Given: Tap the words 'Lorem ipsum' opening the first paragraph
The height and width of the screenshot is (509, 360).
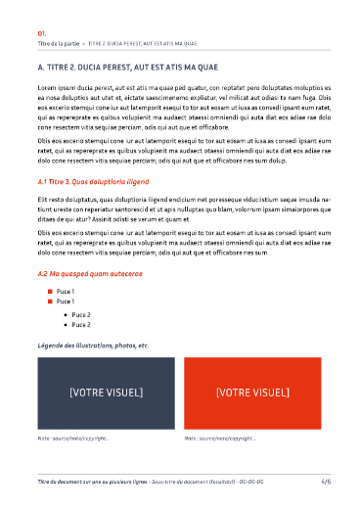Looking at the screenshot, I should [57, 88].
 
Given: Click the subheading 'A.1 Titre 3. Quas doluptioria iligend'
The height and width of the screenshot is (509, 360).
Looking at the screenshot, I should [94, 182].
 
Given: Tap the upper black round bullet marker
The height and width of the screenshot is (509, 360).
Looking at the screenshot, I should [65, 314].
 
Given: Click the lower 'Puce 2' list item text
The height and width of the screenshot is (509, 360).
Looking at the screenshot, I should [81, 324].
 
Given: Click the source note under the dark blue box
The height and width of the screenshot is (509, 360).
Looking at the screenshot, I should [72, 439].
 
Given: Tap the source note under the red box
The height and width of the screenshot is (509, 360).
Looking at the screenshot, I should [220, 439].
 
